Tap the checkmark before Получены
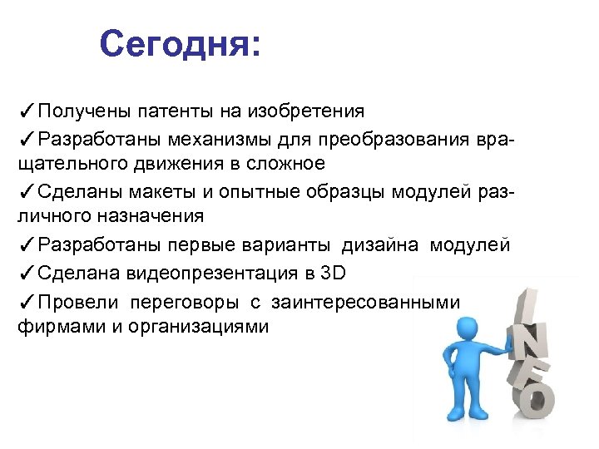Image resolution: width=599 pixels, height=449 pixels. pos(25,110)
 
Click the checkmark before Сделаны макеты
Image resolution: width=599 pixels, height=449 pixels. pos(25,190)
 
